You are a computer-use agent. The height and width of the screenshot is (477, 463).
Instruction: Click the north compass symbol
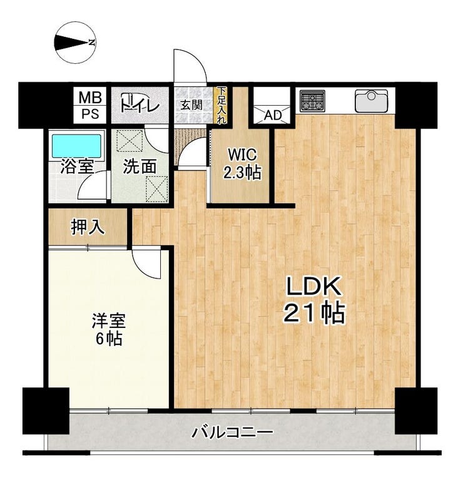[75, 43]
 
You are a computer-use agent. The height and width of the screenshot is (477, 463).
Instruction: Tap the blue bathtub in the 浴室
[76, 145]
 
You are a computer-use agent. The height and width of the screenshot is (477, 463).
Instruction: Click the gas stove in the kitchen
[312, 101]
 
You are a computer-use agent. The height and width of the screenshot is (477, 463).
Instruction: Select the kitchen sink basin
[371, 100]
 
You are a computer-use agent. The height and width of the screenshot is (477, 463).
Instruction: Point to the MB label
[90, 98]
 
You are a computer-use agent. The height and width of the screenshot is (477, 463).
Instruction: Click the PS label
[90, 114]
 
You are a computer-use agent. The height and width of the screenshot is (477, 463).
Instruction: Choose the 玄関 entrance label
[191, 105]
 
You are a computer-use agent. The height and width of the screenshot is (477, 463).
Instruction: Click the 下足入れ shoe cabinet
[222, 105]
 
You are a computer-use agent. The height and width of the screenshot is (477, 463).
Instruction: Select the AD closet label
[273, 115]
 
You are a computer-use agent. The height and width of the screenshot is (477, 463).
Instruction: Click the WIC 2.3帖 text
[242, 163]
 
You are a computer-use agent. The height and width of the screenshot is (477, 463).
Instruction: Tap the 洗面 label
[140, 167]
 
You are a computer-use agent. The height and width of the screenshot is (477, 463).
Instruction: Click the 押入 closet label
[88, 227]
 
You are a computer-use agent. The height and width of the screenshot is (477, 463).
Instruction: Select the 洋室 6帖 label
[109, 329]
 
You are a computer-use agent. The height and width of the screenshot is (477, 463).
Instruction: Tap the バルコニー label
[232, 432]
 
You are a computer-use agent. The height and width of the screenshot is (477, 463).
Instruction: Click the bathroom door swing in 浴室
[93, 185]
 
